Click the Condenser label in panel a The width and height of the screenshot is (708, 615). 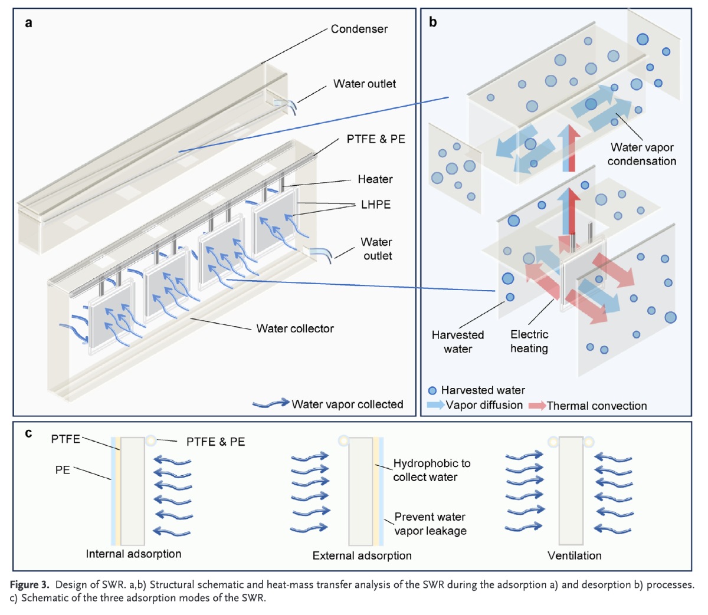point(359,29)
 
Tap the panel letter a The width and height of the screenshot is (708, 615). point(29,23)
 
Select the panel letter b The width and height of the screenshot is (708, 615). point(433,23)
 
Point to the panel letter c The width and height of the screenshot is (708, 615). point(29,434)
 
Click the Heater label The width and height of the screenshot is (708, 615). point(375,179)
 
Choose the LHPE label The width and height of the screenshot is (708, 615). point(376,205)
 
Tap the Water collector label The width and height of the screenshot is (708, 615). point(295,328)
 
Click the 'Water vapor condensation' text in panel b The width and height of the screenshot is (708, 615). point(642,154)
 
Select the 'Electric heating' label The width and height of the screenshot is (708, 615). point(529,341)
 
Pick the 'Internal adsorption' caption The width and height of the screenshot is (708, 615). point(133,554)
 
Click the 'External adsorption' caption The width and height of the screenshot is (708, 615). point(362,555)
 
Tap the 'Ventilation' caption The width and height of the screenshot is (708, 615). point(574,555)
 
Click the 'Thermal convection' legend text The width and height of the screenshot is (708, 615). point(596,406)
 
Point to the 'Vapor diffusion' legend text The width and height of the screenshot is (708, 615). point(484,405)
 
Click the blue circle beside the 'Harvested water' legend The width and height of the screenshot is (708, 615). point(432,390)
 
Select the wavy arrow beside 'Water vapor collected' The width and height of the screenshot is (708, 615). point(270,404)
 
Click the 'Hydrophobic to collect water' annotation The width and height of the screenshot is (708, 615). point(432,470)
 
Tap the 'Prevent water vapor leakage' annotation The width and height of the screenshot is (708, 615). point(430,524)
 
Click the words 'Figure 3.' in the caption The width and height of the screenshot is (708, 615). point(29,585)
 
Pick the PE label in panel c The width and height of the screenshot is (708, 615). point(63,470)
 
